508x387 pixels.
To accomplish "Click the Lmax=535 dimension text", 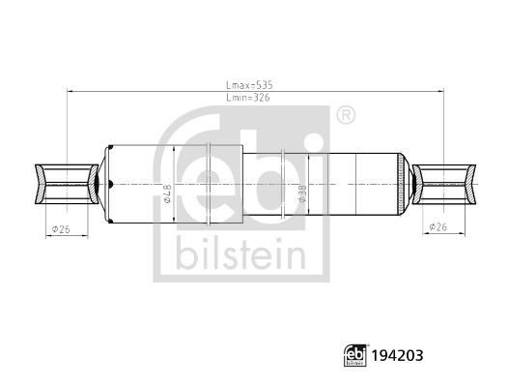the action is pos(249,85).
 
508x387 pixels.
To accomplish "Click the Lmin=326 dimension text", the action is pos(248,98).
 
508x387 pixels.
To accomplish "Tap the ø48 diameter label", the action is pos(167,193).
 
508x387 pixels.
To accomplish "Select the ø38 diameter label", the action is pos(302,193).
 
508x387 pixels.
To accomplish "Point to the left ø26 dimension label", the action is pos(61,229).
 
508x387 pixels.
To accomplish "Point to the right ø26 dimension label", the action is pos(438,227).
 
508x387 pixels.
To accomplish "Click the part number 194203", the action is pos(397,355).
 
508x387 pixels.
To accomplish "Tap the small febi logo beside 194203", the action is pos(355,355).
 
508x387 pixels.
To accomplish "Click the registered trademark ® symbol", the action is pos(346,115).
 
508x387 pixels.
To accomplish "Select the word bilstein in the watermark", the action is pos(241,253).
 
